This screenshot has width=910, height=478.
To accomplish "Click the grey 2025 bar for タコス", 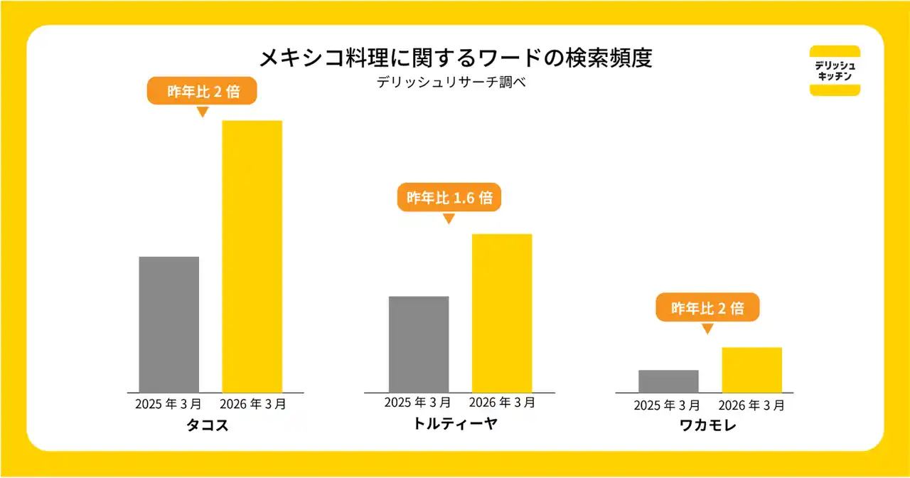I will coord(168,324).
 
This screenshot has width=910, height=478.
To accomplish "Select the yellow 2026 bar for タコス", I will coord(252,256).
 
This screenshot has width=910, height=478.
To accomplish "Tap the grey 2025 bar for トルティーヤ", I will coord(419,344).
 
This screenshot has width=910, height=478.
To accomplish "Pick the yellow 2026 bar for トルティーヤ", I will coord(502,312).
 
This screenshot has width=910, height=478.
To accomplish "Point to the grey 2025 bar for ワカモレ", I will coord(668,381).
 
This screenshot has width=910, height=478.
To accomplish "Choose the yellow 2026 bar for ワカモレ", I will coord(751,369).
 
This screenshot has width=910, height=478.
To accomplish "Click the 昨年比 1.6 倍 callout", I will coord(449,198).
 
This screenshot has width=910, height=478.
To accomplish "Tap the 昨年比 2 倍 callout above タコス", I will coord(202,91).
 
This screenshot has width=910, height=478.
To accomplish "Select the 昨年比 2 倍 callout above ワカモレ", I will coord(707,308).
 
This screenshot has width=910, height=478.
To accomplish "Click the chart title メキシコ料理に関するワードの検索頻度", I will coord(455,58).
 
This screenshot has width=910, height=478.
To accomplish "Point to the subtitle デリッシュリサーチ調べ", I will coord(455,82).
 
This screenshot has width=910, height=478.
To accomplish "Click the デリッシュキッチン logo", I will coord(835,70).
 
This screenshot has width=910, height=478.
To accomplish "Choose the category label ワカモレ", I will coord(707,427).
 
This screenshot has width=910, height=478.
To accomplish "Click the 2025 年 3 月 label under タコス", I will coord(168,404).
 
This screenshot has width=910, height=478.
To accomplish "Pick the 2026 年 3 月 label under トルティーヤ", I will coord(503,403).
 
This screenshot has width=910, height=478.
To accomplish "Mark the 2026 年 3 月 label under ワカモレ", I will coord(751,405).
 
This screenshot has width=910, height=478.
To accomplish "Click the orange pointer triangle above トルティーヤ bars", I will coord(448,218).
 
